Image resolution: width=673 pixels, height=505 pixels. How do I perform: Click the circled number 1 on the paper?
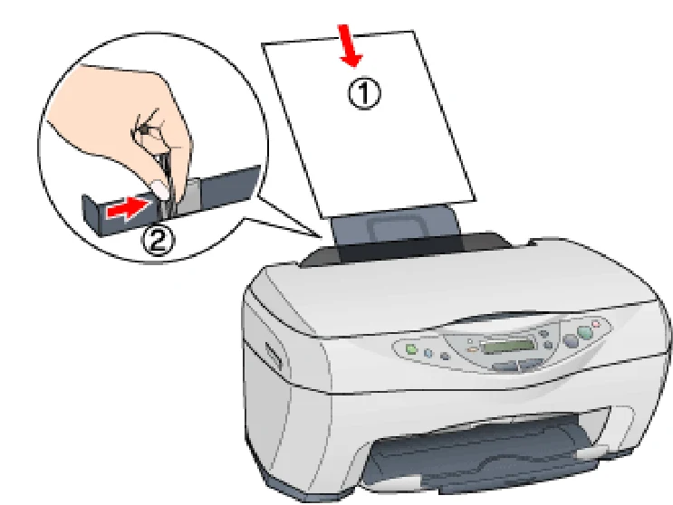364,94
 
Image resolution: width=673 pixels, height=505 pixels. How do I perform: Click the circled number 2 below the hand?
158,242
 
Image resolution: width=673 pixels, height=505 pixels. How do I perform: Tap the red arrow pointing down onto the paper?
350,45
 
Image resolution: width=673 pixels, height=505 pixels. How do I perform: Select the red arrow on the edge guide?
127,210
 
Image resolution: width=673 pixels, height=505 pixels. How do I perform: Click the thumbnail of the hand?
159,188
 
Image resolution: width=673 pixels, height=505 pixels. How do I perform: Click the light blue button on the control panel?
428,353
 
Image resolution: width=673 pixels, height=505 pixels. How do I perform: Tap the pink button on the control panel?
596,324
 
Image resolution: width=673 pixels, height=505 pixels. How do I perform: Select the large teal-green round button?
584,332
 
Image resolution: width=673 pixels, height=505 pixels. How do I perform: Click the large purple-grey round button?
571,341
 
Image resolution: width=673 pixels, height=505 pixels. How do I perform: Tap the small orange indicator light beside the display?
472,349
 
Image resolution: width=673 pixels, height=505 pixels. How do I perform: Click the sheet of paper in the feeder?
369,124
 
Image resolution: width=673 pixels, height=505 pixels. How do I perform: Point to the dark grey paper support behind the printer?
397,232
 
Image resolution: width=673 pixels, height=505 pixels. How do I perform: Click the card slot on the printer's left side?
273,356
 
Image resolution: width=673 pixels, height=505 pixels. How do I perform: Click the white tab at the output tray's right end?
592,452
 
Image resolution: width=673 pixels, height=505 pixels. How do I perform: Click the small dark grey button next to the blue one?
445,356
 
